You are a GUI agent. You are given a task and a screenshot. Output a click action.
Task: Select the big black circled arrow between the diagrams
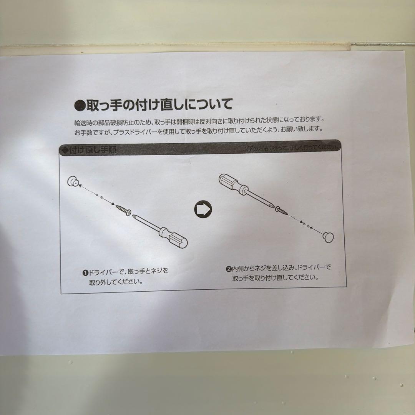tap(203, 209)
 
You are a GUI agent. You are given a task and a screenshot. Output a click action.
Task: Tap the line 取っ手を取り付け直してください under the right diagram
tap(275, 277)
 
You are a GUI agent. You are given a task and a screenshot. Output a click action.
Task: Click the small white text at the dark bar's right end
tap(291, 148)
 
